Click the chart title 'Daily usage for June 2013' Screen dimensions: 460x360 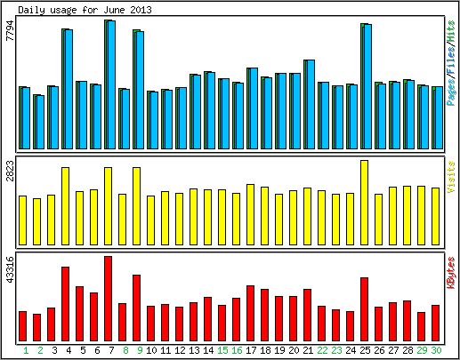85,10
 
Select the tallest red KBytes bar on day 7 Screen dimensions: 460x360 108,299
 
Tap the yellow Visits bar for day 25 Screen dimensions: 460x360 364,203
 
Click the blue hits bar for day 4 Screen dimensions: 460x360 69,89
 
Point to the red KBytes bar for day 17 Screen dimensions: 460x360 250,313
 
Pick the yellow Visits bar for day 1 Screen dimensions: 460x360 22,220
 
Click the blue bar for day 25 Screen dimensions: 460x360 367,86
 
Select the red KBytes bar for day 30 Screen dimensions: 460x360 435,323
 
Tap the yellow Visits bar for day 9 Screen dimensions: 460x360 136,206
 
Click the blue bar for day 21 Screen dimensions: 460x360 311,104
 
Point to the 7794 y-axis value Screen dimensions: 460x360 10,30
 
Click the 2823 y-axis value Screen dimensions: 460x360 10,171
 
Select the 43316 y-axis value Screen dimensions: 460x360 10,269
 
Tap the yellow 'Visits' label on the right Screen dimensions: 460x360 451,177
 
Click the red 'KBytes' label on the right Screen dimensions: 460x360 451,273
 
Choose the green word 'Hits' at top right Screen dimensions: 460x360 451,31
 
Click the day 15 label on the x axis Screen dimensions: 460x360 222,350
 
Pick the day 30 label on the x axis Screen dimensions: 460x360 436,350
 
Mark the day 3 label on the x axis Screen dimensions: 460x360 54,350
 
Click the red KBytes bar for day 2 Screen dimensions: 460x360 36,327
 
